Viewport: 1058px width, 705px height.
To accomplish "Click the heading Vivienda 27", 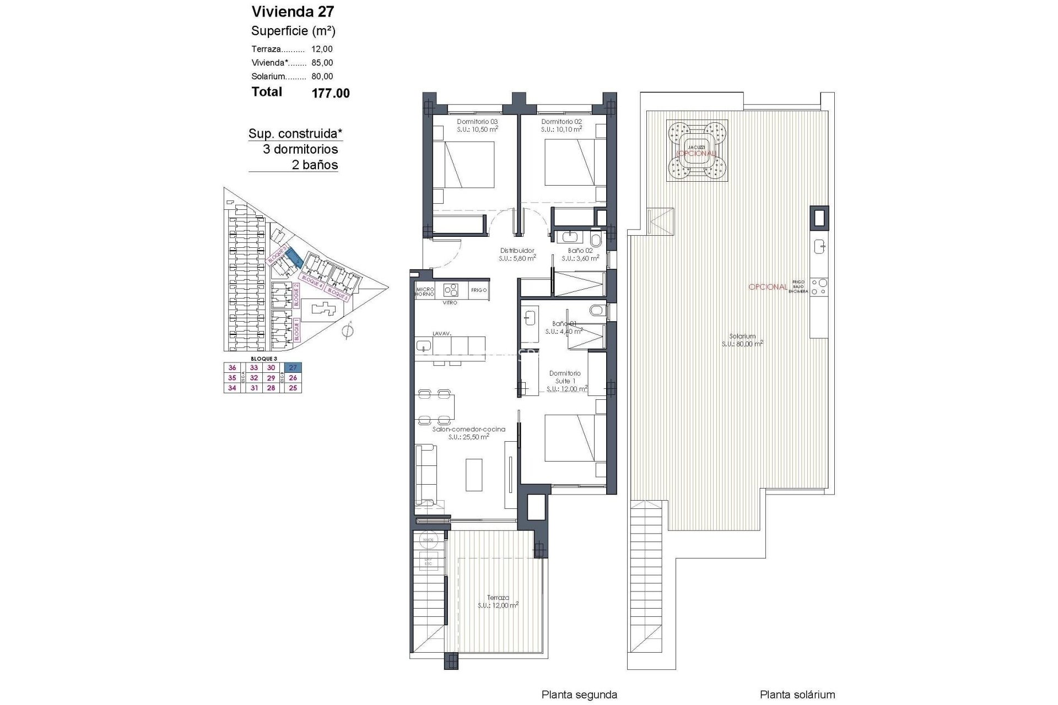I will tap(293, 12).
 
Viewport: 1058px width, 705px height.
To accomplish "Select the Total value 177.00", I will tap(331, 93).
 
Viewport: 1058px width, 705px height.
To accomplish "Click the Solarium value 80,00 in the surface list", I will tap(322, 77).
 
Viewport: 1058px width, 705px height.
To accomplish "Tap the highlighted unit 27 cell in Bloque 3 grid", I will tap(293, 368).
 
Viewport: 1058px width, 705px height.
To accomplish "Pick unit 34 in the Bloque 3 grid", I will tap(232, 388).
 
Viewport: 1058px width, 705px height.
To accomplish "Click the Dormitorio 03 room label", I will tap(477, 122).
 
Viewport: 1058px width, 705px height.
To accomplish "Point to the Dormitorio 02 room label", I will tap(562, 122).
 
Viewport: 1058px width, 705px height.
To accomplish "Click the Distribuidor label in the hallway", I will tap(517, 251).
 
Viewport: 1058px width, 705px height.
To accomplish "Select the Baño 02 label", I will tap(580, 251).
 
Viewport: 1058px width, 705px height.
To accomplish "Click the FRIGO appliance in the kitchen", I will tap(479, 290).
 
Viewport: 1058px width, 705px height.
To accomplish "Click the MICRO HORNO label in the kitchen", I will tap(425, 291).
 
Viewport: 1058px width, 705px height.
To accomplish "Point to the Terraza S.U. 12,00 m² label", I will tap(498, 601).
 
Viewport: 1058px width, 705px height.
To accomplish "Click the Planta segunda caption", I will tap(579, 695).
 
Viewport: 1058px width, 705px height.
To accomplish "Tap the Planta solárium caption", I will tap(797, 695).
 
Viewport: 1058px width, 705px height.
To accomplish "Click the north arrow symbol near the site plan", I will tap(347, 331).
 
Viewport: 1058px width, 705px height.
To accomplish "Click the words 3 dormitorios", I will tap(300, 149).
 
